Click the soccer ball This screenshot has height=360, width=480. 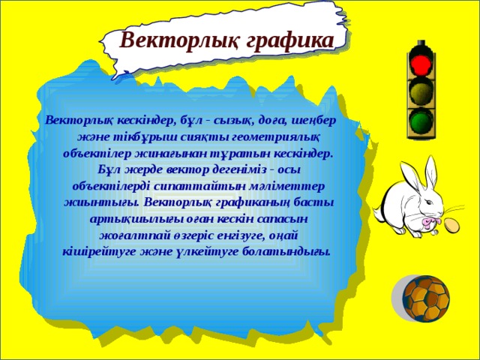coord(427,299)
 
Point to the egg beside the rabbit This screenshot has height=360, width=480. coord(453,224)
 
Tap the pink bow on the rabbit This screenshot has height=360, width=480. coord(430,222)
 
